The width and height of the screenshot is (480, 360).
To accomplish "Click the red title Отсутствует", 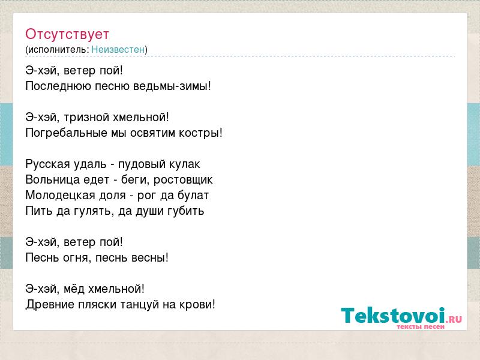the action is pos(67,34).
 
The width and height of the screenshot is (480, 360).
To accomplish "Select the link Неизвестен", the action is pos(118,49).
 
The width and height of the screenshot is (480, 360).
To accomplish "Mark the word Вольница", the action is pos(48,180).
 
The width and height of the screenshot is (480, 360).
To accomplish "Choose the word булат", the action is pos(193,196).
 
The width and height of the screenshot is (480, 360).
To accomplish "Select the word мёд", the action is pos(74,289).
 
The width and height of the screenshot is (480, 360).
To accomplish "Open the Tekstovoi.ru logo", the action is pos(401,317).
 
